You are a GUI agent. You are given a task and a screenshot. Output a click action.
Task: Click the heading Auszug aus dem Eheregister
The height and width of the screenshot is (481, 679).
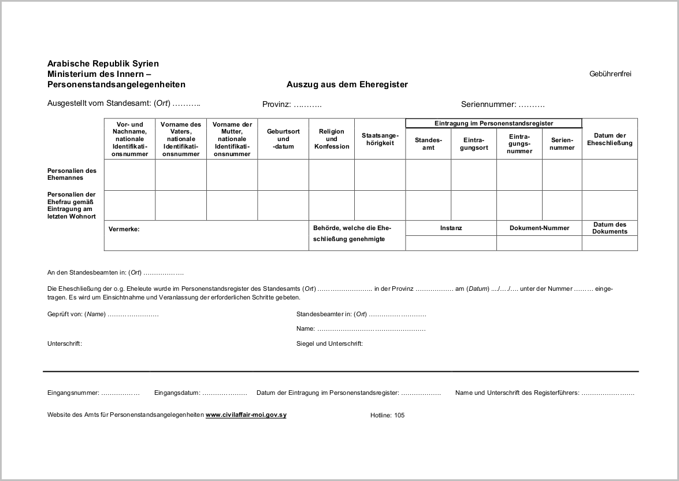347,84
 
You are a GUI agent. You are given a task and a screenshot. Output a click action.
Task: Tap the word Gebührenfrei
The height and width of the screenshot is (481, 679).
610,74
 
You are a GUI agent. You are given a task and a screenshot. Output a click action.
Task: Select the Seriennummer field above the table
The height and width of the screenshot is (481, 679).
503,105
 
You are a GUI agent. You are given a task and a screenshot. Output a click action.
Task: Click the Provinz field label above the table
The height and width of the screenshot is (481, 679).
292,105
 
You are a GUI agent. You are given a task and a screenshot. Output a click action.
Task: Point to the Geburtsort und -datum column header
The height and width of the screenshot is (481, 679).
283,139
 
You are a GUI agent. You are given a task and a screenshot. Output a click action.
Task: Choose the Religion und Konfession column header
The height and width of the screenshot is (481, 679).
332,139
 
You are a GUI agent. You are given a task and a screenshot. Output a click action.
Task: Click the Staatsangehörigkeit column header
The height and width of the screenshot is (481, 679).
380,139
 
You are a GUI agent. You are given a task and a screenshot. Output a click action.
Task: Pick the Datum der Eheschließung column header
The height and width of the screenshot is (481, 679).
610,139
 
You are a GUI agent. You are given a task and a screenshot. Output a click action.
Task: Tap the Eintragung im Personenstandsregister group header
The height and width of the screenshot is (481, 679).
494,123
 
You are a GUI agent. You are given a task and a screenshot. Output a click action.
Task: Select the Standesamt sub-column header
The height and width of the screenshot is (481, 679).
428,144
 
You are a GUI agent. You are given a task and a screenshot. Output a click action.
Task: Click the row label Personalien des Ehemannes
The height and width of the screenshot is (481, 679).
72,174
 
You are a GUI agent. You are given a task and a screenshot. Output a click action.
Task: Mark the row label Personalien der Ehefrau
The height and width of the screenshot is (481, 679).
72,205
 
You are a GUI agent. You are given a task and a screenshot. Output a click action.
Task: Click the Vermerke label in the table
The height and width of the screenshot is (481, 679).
124,229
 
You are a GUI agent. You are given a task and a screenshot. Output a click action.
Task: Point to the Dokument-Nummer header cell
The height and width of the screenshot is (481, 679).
539,228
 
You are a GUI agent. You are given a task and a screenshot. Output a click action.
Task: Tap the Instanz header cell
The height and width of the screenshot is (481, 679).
451,228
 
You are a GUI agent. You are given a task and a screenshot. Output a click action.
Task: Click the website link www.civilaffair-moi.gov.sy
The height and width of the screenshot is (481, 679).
246,415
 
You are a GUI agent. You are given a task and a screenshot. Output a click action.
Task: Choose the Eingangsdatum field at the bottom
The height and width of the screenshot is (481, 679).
201,393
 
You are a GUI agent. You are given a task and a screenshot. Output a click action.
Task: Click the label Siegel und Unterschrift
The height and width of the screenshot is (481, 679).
329,343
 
